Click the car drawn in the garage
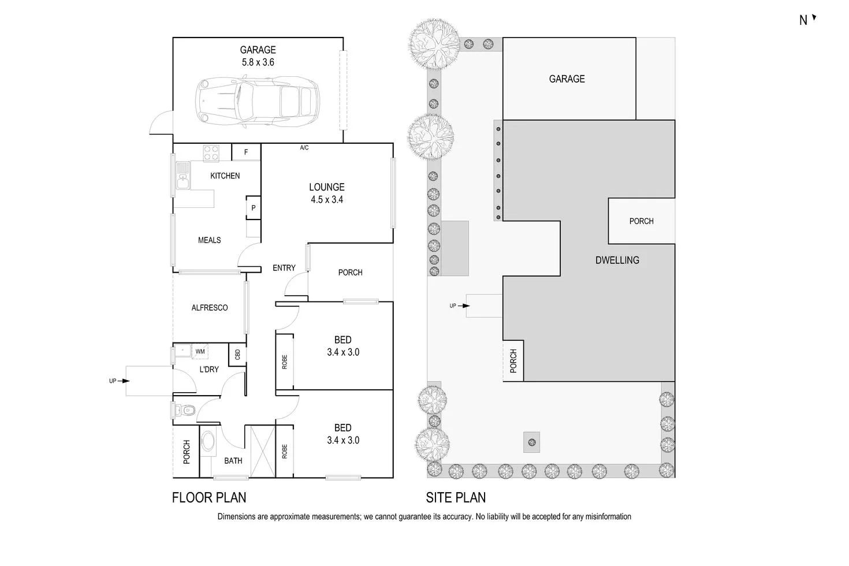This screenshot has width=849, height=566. click(x=258, y=102)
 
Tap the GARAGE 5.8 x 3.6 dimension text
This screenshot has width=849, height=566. click(x=258, y=56)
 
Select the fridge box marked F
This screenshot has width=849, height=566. click(x=246, y=152)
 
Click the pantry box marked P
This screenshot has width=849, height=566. click(x=253, y=208)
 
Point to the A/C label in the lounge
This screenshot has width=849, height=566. click(x=304, y=148)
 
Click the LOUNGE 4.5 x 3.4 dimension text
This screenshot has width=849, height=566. click(x=327, y=193)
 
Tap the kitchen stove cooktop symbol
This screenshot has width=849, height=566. click(x=211, y=153)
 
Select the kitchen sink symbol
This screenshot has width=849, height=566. click(x=183, y=176)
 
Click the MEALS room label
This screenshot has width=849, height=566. click(x=209, y=240)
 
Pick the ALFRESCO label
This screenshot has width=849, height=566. click(x=210, y=308)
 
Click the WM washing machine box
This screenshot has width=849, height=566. click(x=200, y=351)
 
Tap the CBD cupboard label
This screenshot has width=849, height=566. click(x=237, y=354)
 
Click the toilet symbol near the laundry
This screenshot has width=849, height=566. click(x=185, y=411)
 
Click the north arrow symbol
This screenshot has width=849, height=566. click(x=814, y=18)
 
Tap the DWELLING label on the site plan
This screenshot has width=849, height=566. click(x=617, y=260)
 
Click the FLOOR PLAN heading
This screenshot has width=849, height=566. click(x=209, y=497)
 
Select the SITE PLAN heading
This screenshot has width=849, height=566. click(x=456, y=497)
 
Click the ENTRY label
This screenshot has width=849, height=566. click(x=284, y=268)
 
